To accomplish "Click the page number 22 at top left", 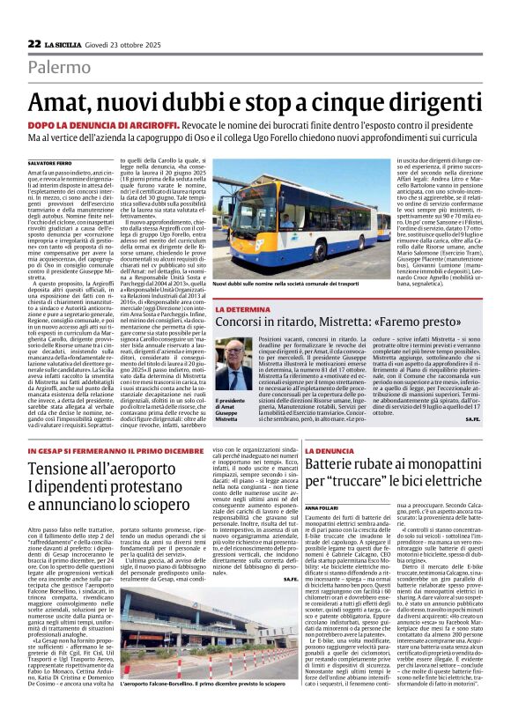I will point(33,43).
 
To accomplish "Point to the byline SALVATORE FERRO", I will point(49,163).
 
